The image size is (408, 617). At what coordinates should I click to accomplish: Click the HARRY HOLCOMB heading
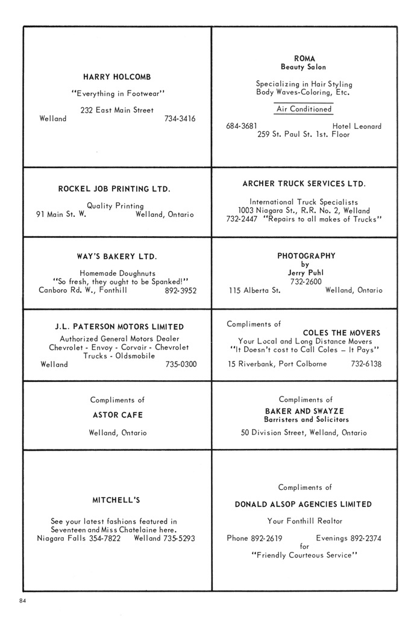[x=117, y=77]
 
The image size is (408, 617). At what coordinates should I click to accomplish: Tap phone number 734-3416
[x=180, y=119]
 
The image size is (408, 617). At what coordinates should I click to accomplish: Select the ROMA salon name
[x=304, y=58]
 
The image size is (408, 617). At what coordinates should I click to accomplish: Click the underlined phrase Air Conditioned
[x=304, y=109]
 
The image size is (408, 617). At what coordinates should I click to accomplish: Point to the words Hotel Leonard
[x=356, y=126]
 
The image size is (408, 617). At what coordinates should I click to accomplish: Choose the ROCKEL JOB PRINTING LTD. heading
[x=114, y=189]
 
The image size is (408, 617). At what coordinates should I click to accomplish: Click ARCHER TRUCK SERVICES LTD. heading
[x=304, y=183]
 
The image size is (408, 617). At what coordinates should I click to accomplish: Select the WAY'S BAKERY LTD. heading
[x=117, y=257]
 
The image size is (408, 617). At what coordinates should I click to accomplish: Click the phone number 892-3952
[x=180, y=290]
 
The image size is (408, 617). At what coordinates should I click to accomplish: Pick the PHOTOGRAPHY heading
[x=306, y=255]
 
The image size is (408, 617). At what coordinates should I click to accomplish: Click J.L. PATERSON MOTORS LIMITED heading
[x=119, y=327]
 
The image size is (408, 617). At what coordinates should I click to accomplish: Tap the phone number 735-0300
[x=181, y=364]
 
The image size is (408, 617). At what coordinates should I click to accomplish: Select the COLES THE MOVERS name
[x=341, y=333]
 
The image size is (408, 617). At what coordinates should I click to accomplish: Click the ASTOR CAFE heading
[x=118, y=415]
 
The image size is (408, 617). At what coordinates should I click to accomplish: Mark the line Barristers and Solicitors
[x=306, y=419]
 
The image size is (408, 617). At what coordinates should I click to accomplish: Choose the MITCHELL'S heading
[x=116, y=500]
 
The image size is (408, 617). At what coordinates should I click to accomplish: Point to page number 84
[x=24, y=601]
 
